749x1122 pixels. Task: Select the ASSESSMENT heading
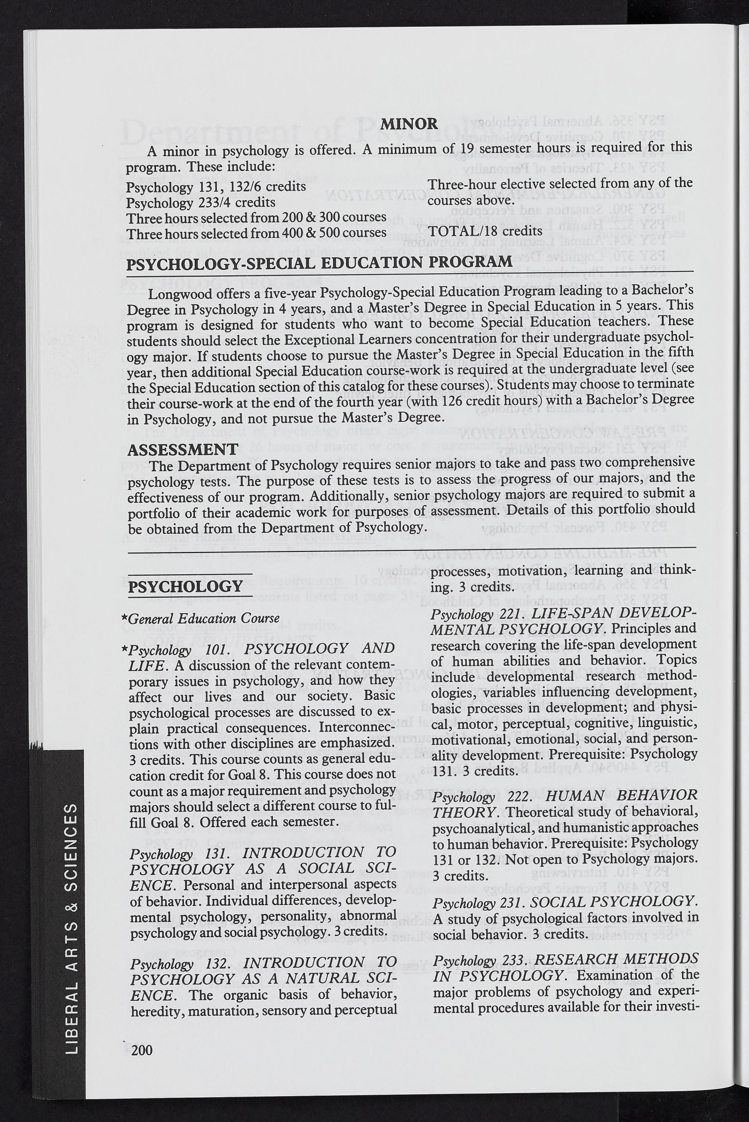[x=183, y=449]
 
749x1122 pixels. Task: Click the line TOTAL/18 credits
[x=485, y=231]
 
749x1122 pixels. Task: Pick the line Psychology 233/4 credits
[x=201, y=202]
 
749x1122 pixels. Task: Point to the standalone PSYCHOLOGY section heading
[x=185, y=587]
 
